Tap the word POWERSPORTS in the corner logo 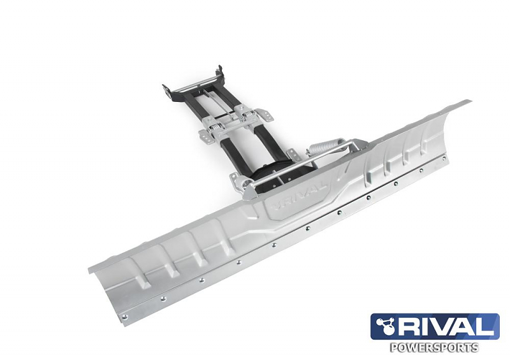[x=435, y=348]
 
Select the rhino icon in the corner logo [x=384, y=326]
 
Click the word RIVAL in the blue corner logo [x=446, y=327]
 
